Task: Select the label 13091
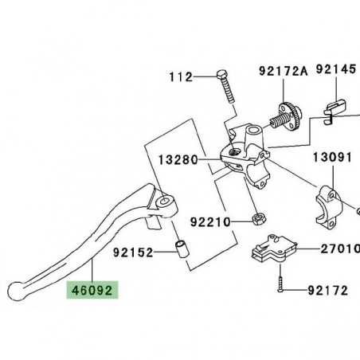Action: point(332,157)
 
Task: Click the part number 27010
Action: point(333,249)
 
